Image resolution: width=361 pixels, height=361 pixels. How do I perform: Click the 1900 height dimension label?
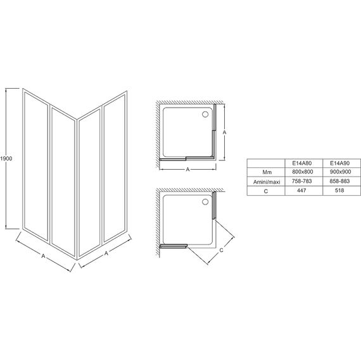pos(6,158)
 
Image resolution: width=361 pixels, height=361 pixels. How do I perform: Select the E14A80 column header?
pos(302,163)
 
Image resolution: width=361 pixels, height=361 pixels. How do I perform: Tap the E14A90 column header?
pos(339,163)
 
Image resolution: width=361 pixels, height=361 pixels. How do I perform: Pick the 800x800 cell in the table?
pos(303,172)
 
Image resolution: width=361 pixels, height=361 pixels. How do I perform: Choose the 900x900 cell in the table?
pos(340,172)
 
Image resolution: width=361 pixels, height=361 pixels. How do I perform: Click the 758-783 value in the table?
pos(302,181)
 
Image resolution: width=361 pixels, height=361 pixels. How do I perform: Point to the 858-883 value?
pos(339,181)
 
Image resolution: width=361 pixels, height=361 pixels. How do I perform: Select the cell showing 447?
pos(301,191)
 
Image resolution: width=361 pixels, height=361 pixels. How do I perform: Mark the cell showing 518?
pos(339,191)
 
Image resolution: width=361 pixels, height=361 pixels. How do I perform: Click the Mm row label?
pos(267,172)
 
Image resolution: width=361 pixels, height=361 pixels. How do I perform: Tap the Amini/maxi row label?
pos(267,182)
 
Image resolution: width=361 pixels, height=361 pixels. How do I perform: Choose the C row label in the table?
pos(266,191)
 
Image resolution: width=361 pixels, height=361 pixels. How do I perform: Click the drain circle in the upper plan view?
pos(205,114)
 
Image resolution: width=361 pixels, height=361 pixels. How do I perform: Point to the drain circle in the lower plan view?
pos(205,202)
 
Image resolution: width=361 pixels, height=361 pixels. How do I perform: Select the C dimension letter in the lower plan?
pos(221,250)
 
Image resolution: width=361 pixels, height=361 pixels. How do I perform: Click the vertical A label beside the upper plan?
pos(224,132)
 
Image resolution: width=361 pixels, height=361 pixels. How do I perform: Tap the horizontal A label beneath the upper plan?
pos(187,170)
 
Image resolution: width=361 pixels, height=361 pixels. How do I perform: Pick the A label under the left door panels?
pos(43,256)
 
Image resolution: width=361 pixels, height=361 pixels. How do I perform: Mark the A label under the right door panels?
pos(106,253)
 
